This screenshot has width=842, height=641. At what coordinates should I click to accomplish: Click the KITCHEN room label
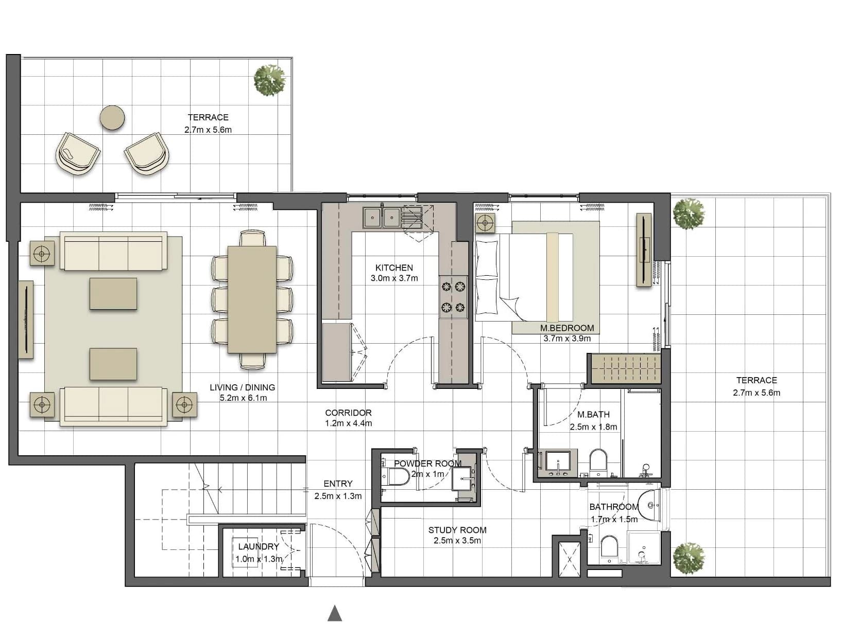coord(394,268)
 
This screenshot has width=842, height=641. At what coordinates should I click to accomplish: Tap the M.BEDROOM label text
coord(566,328)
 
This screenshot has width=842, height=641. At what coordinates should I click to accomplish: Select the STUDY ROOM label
coord(457,530)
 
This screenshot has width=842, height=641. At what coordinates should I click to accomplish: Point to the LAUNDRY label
coord(259,546)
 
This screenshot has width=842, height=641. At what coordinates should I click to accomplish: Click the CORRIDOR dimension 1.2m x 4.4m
coord(348,423)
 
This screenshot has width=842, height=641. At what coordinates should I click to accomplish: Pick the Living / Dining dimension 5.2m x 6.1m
coord(243,398)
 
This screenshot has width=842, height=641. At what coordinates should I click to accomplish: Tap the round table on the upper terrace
coord(112,118)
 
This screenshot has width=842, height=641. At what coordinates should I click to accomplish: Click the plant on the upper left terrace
coord(270,80)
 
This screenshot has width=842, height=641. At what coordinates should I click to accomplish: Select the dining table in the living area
coord(252,299)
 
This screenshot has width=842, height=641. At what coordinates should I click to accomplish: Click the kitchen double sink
coord(382,218)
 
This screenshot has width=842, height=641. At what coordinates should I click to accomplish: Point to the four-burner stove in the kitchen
coord(453,297)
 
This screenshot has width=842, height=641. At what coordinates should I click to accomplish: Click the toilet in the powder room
coord(397,476)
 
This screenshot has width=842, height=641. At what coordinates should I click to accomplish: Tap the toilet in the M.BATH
coord(598,463)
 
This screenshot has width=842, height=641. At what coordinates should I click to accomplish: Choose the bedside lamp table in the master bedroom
coord(485,223)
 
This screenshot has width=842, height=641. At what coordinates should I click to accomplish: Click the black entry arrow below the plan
coord(335,613)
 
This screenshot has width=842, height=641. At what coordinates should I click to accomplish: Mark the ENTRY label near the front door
coord(338,484)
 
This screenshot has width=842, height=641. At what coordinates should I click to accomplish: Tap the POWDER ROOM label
coord(427,463)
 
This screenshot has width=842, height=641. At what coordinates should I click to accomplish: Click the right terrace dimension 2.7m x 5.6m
coord(757,393)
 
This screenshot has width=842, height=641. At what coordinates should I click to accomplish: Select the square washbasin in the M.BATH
coord(558,463)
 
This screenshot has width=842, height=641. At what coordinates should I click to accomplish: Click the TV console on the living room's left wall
coord(26,319)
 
